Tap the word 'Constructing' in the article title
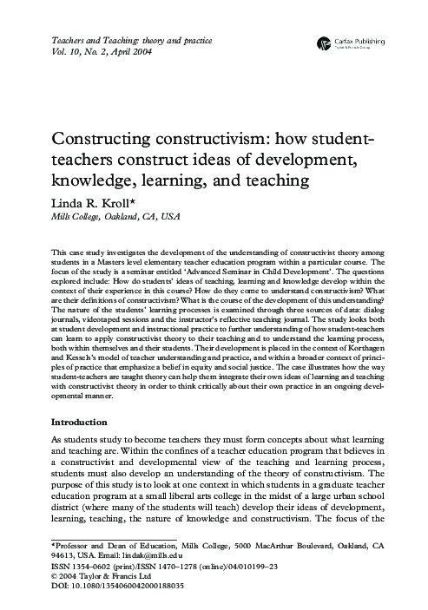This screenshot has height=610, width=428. coord(106,140)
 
